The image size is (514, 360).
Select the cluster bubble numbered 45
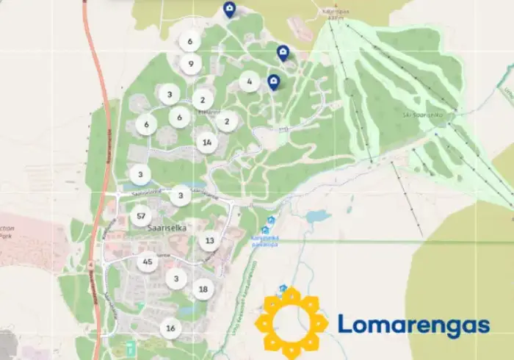(x=148, y=262)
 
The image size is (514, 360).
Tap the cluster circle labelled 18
(x=203, y=289)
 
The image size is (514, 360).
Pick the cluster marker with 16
(x=170, y=328)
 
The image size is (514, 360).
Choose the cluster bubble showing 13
(x=210, y=240)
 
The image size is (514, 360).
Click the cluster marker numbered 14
(x=207, y=143)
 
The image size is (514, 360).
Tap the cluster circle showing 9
(x=190, y=64)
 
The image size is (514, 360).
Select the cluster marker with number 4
(x=250, y=82)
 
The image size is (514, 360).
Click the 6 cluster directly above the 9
(x=190, y=42)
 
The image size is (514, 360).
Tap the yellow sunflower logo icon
(x=292, y=320)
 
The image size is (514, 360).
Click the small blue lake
(x=318, y=217)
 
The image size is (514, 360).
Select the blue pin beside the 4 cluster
(x=274, y=82)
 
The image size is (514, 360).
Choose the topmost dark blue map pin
(x=229, y=10)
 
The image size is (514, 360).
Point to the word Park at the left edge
(x=6, y=237)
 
